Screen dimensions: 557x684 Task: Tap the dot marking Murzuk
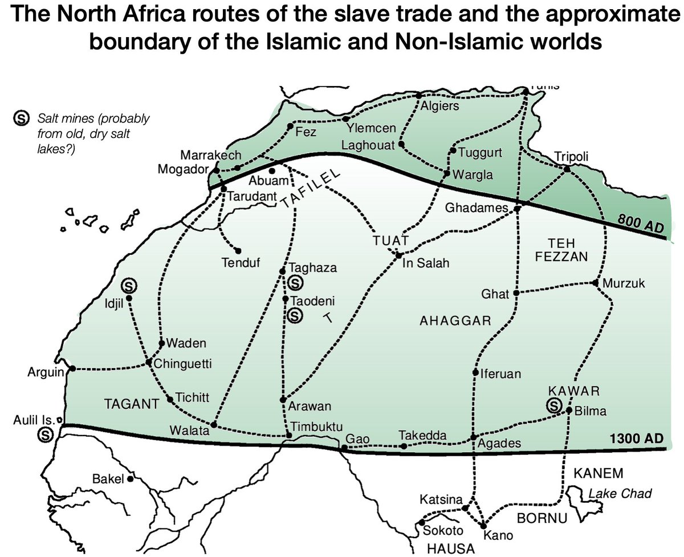595,283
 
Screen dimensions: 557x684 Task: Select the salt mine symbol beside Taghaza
295,282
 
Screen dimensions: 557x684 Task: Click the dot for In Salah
398,255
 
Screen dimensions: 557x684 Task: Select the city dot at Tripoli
567,169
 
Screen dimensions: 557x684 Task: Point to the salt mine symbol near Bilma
552,405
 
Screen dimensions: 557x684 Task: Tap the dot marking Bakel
131,479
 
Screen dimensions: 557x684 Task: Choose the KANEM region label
597,473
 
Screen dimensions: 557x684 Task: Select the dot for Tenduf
238,250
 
